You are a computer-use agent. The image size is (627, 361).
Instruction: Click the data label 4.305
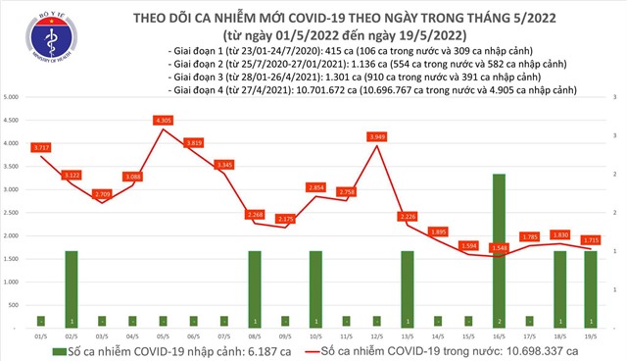164,120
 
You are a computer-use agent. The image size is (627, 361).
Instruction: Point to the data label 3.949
376,135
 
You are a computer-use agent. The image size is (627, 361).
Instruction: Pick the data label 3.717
41,147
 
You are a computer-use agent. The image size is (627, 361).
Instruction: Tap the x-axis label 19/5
589,335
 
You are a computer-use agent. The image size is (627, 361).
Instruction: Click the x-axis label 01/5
41,335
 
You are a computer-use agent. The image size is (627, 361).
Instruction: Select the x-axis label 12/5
376,335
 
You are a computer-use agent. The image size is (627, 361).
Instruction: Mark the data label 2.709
102,193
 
